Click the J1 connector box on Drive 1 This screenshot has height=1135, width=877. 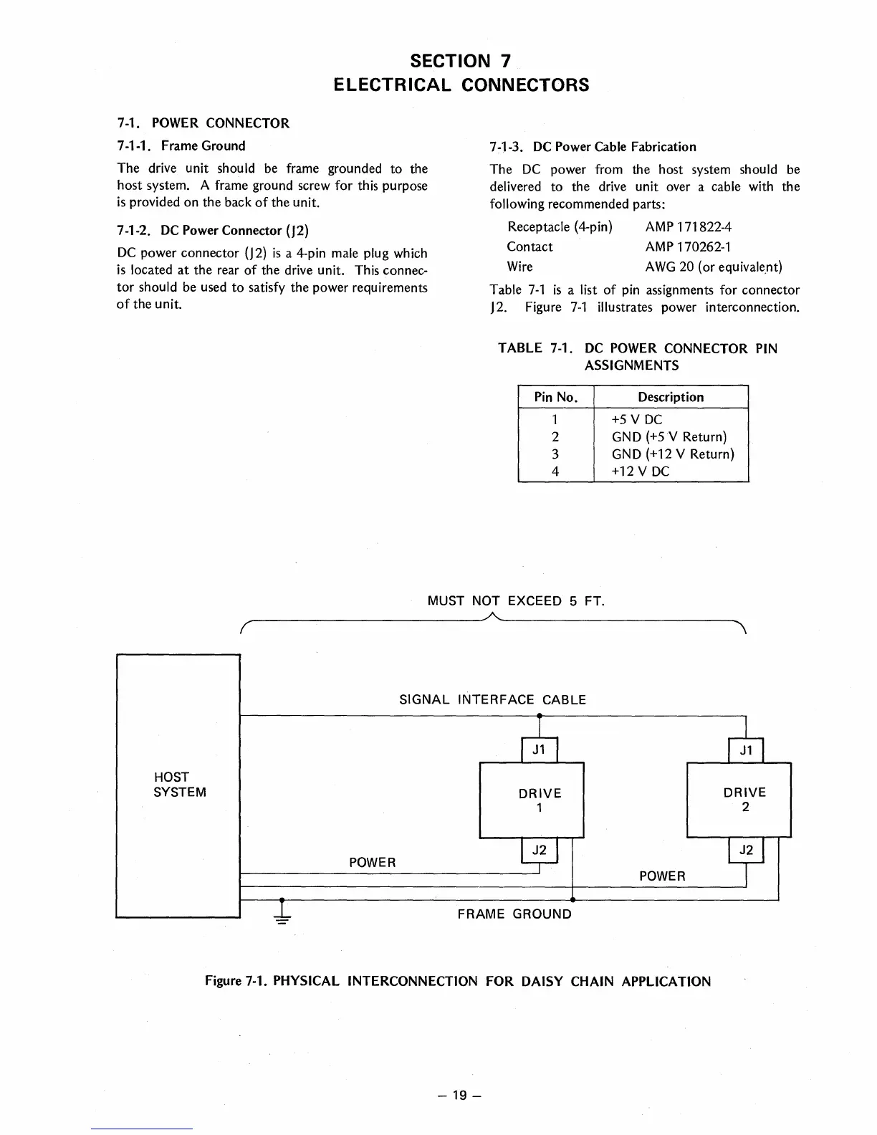click(x=540, y=750)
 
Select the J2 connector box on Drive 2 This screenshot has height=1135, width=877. click(x=746, y=850)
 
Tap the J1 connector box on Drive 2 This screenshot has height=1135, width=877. click(x=746, y=750)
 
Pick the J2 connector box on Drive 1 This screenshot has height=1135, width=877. click(x=540, y=850)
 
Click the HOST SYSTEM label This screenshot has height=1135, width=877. click(x=180, y=785)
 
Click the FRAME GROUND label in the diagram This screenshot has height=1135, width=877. click(x=514, y=914)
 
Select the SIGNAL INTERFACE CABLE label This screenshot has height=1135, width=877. click(x=492, y=700)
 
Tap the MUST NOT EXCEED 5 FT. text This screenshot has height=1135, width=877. click(x=516, y=600)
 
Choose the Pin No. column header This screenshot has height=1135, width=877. click(x=556, y=397)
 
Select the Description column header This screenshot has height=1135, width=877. click(x=671, y=397)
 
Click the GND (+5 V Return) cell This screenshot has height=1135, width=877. click(x=669, y=437)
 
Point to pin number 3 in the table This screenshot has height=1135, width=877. click(x=555, y=454)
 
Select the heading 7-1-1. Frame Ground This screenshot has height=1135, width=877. click(x=181, y=146)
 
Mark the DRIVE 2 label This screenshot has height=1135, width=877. click(x=745, y=800)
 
